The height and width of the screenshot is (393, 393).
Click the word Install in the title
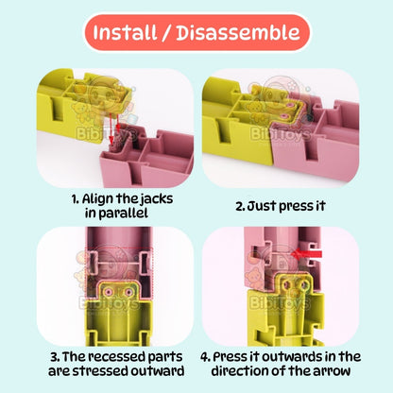tap(125, 32)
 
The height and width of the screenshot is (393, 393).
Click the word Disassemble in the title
tap(238, 32)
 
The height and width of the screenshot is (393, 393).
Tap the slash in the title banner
tap(166, 33)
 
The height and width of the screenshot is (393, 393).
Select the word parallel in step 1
tap(124, 214)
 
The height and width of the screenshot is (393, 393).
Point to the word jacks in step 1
tap(157, 199)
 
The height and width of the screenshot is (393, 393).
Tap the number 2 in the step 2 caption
tap(239, 206)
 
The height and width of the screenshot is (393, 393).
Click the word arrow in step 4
tap(332, 371)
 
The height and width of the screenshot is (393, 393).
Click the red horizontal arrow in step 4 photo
tap(306, 253)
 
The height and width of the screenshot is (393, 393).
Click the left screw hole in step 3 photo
tap(110, 292)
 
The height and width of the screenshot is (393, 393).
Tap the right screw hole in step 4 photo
tap(304, 285)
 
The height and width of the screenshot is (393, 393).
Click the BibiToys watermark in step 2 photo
tap(281, 134)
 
